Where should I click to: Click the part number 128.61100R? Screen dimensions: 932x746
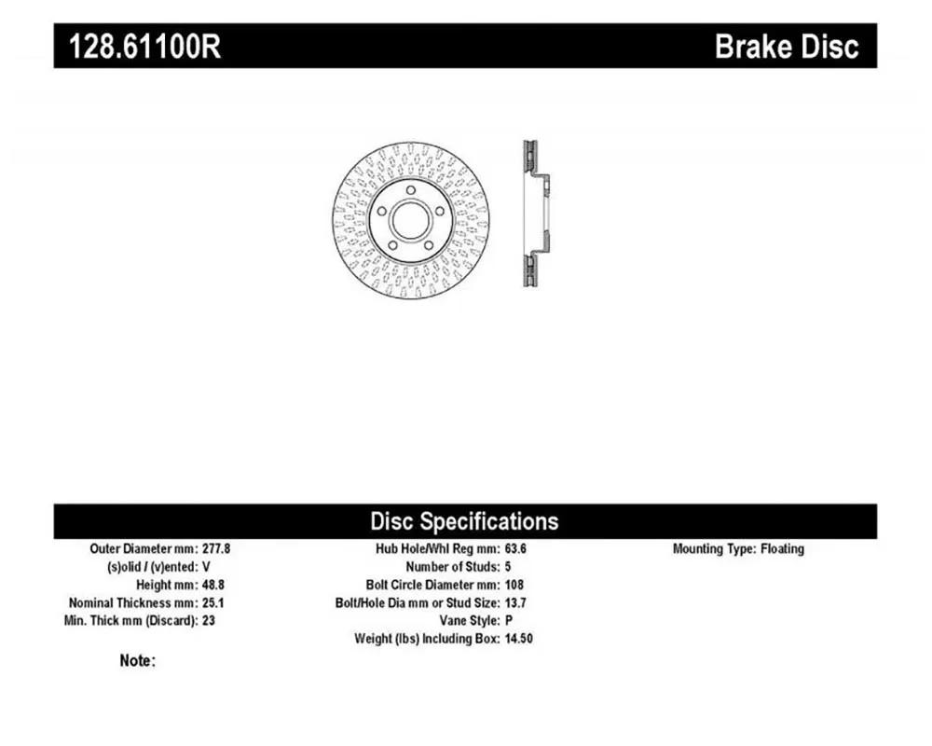click(145, 47)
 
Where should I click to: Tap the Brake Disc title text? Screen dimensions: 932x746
click(787, 47)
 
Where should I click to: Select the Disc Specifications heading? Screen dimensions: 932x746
click(464, 521)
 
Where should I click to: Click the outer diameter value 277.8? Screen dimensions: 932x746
click(216, 548)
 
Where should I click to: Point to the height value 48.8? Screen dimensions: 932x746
click(213, 585)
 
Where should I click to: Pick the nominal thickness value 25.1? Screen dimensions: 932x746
click(213, 602)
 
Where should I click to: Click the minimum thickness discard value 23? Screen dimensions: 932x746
click(209, 620)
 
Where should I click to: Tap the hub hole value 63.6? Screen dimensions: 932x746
click(515, 548)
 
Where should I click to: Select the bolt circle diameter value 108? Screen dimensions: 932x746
click(514, 585)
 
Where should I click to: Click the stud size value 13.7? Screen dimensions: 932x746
click(515, 602)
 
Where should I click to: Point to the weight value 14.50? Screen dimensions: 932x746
click(518, 639)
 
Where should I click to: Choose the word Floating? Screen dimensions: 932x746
click(782, 548)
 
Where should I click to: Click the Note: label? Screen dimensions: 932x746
click(137, 660)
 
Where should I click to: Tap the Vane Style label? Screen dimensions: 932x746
click(470, 620)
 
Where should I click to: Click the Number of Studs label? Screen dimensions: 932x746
click(452, 566)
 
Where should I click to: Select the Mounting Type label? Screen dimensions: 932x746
click(714, 548)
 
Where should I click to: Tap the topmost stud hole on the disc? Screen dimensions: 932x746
click(411, 190)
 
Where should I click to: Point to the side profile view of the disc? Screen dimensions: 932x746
click(536, 214)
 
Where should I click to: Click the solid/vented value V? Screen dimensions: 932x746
click(206, 566)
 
